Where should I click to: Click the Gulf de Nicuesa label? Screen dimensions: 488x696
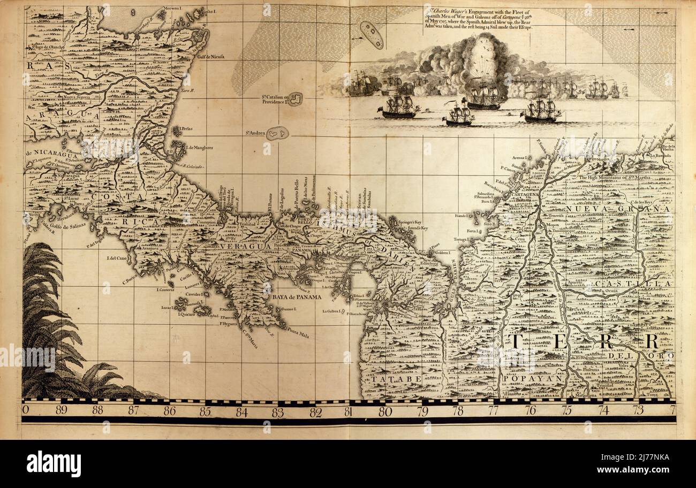[x=210, y=56]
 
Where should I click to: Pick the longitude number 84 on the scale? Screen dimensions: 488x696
[x=241, y=411]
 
